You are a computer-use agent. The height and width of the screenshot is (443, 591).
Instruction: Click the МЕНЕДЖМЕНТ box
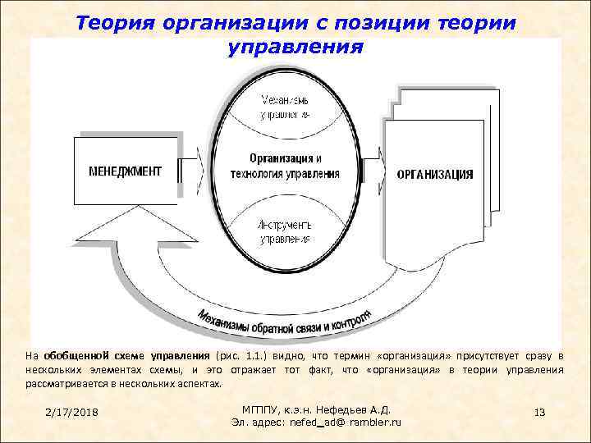pyautogui.click(x=126, y=171)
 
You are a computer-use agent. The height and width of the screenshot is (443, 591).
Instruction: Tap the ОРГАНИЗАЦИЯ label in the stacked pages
pyautogui.click(x=434, y=174)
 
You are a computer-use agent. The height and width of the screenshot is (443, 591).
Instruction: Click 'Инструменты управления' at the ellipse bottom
pyautogui.click(x=285, y=231)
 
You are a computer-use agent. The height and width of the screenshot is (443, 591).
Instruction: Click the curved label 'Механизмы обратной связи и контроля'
pyautogui.click(x=284, y=322)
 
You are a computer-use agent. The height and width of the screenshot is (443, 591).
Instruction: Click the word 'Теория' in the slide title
pyautogui.click(x=126, y=22)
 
